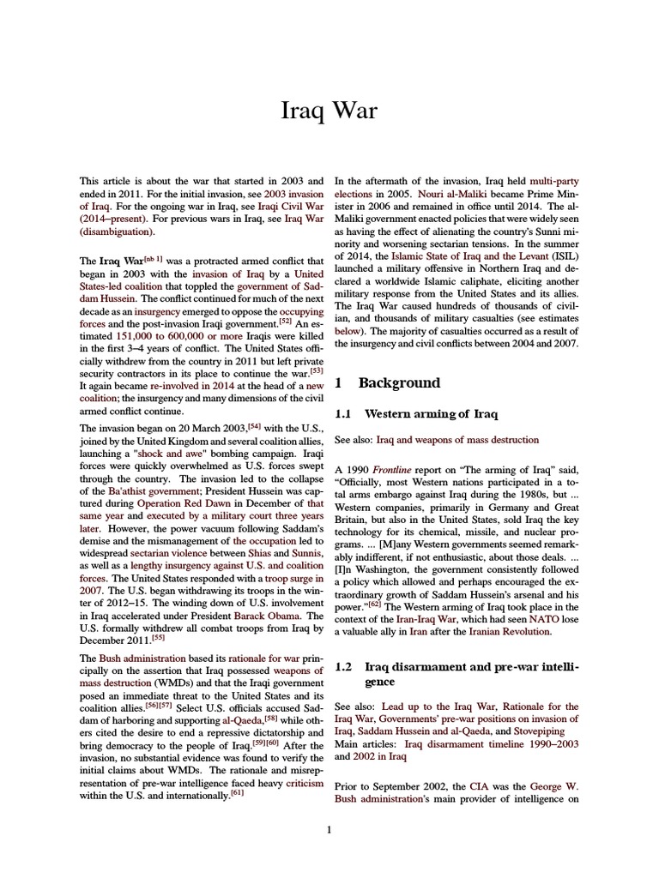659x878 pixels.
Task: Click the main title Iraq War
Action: pyautogui.click(x=329, y=112)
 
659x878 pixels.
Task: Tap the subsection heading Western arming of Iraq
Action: pyautogui.click(x=431, y=413)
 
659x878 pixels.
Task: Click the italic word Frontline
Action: pyautogui.click(x=396, y=470)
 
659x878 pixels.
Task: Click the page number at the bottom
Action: pyautogui.click(x=329, y=828)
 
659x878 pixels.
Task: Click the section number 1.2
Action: pyautogui.click(x=344, y=665)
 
